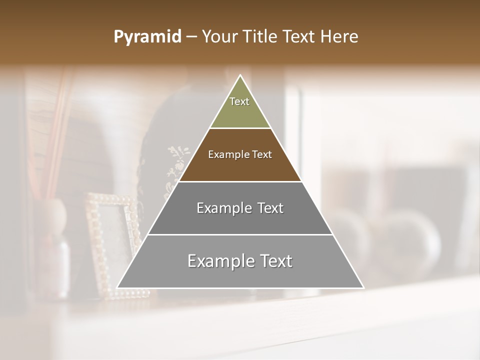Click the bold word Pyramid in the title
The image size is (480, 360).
pos(147,37)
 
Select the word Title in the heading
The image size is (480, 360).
pos(261,37)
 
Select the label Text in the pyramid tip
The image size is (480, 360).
pos(239,101)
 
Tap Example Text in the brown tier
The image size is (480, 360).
pos(240,154)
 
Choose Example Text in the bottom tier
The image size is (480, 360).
pos(240,261)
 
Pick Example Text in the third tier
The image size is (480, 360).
pos(240,208)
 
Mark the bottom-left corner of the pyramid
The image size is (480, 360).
pos(118,287)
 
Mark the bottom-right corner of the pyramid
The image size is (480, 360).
pos(363,287)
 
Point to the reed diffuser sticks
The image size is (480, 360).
pos(55,135)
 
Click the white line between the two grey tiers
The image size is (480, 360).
pos(240,234)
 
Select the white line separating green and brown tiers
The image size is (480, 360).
pos(240,128)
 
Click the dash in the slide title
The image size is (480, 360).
pos(191,37)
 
